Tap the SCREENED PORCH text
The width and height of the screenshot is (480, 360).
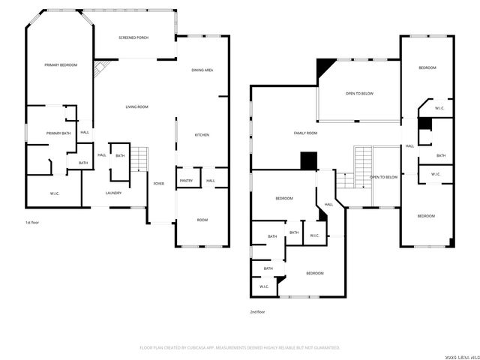click(x=132, y=37)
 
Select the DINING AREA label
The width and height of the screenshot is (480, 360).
click(x=202, y=70)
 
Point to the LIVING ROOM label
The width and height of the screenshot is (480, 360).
click(x=136, y=107)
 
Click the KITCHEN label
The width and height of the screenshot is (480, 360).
click(x=202, y=135)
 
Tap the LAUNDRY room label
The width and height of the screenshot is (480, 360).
click(x=114, y=193)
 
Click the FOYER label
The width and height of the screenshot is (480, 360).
click(x=159, y=184)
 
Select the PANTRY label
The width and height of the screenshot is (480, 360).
click(x=186, y=181)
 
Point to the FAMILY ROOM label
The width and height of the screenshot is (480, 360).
click(x=305, y=133)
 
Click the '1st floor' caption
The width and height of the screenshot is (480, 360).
click(x=31, y=223)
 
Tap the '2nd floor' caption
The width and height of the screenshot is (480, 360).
click(x=257, y=311)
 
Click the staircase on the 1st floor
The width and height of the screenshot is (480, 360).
click(x=140, y=160)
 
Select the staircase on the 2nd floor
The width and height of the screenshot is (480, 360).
click(x=362, y=160)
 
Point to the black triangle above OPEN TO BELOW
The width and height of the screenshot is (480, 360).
click(x=324, y=68)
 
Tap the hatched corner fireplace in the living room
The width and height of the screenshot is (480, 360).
click(x=100, y=69)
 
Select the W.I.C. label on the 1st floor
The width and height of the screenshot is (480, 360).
click(x=55, y=193)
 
